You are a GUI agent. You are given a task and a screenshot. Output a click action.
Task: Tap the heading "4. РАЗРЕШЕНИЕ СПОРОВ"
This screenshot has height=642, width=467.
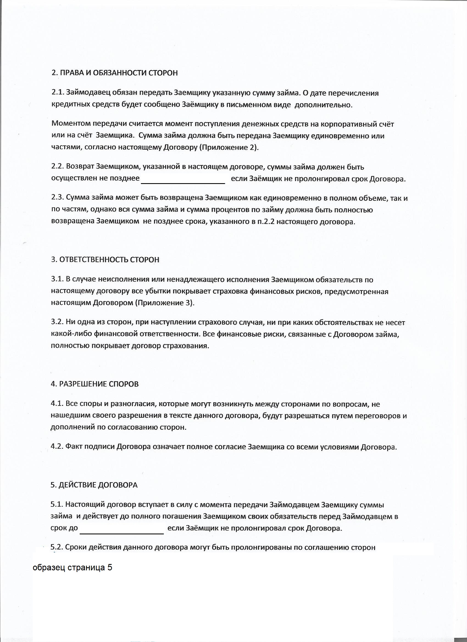click(x=94, y=384)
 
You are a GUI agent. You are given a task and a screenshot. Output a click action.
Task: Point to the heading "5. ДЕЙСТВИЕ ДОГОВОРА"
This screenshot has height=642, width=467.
click(x=94, y=485)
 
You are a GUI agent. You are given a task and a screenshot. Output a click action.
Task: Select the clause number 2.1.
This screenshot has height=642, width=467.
click(x=57, y=93)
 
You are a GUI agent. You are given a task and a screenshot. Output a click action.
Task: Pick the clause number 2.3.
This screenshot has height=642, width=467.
click(x=57, y=198)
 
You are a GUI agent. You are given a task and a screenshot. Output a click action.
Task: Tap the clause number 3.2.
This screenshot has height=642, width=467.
click(x=57, y=322)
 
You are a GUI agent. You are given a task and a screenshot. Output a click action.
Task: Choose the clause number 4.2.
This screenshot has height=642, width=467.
click(x=57, y=447)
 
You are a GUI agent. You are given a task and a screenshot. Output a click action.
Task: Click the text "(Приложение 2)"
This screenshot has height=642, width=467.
click(x=229, y=148)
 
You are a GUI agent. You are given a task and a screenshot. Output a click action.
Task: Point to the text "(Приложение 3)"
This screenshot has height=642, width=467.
click(x=165, y=303)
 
